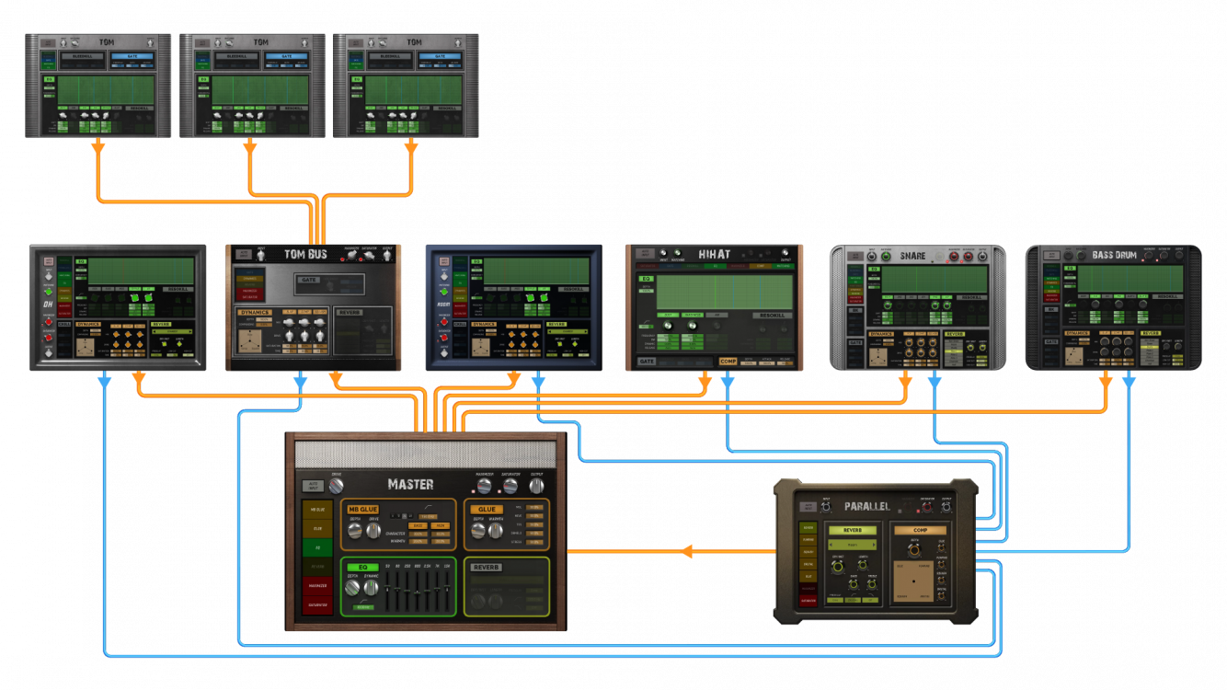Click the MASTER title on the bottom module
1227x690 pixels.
click(x=410, y=484)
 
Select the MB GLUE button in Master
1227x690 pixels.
click(x=363, y=509)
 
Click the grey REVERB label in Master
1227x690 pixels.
click(x=487, y=568)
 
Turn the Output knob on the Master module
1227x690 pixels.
click(x=536, y=485)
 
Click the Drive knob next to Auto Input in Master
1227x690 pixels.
click(x=336, y=485)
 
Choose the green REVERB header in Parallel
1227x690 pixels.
click(x=852, y=530)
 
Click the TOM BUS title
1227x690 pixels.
click(x=305, y=255)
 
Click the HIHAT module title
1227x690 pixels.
click(x=715, y=255)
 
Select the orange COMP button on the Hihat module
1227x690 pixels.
click(x=728, y=361)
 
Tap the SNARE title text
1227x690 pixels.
click(x=913, y=255)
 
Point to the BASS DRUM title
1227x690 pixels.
click(x=1116, y=254)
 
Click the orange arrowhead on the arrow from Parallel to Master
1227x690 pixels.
click(x=685, y=551)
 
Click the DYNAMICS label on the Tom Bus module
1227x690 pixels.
click(x=256, y=313)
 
